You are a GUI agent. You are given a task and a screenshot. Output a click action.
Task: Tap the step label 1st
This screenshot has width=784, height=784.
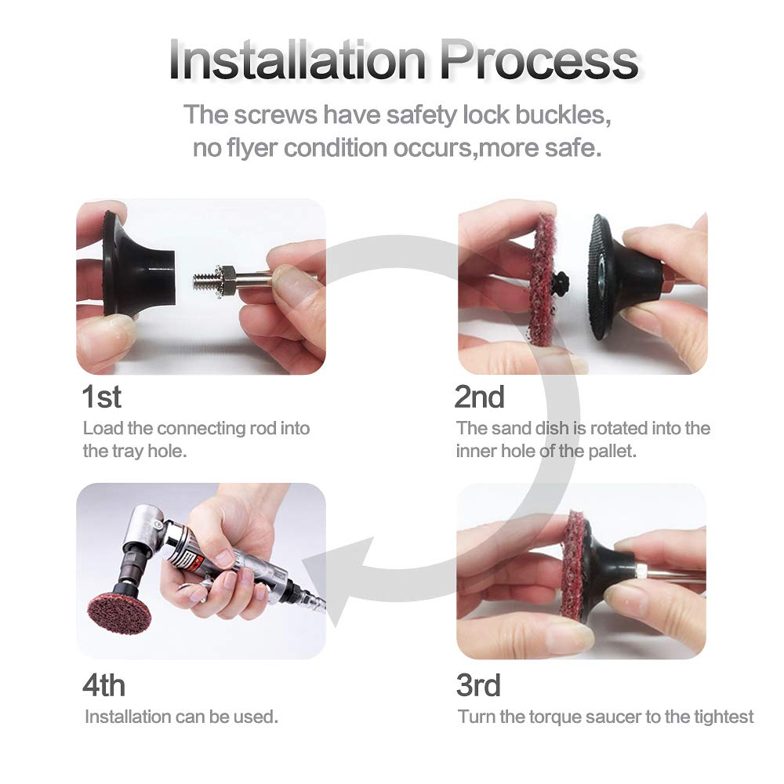(x=102, y=397)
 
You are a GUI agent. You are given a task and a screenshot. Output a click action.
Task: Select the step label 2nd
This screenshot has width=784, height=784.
(x=479, y=397)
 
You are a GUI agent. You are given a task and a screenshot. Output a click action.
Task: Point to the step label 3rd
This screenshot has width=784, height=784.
(x=478, y=685)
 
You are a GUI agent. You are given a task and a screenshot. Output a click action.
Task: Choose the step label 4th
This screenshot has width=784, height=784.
(x=103, y=685)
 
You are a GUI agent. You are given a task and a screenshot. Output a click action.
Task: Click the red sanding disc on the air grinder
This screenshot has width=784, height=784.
(x=118, y=612)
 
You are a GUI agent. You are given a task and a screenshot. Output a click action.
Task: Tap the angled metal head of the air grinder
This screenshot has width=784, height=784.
(x=145, y=533)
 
